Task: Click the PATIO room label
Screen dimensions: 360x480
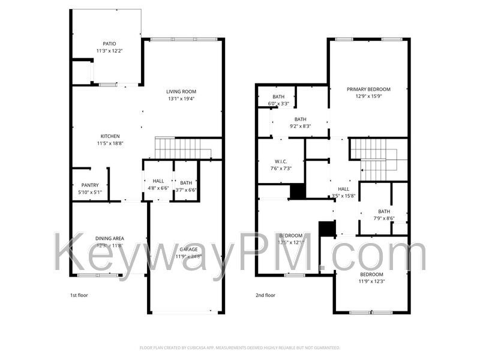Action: pos(109,43)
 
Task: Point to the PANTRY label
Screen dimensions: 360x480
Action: pos(90,185)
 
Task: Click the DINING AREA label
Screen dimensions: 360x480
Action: pos(109,239)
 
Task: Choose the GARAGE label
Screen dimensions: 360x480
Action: pos(190,249)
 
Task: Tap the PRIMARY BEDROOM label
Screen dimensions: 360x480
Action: pos(368,89)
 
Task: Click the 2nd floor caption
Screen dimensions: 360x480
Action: pos(265,295)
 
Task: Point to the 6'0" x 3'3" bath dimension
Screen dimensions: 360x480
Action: pos(278,104)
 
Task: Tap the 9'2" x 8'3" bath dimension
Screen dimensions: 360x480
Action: pos(300,126)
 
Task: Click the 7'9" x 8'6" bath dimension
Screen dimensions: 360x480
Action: pos(384,218)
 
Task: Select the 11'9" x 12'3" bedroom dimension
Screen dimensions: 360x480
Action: pos(371,281)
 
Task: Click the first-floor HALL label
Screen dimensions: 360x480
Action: pos(158,181)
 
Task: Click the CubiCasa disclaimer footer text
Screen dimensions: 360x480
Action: pos(240,347)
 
